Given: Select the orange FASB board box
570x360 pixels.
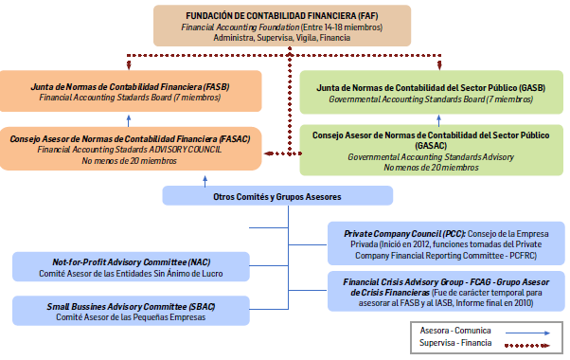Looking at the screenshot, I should click(x=129, y=92).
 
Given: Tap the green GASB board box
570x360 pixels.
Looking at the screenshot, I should click(x=431, y=92).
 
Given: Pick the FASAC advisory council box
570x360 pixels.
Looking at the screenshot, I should click(x=129, y=149).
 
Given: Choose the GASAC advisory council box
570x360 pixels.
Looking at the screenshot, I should click(x=431, y=149).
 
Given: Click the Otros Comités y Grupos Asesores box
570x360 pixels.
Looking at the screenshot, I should click(x=276, y=196).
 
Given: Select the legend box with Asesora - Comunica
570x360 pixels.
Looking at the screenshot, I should click(x=481, y=335).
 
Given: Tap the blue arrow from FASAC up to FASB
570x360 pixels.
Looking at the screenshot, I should click(x=130, y=120).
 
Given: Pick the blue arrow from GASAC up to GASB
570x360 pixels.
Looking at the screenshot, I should click(x=438, y=120).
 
